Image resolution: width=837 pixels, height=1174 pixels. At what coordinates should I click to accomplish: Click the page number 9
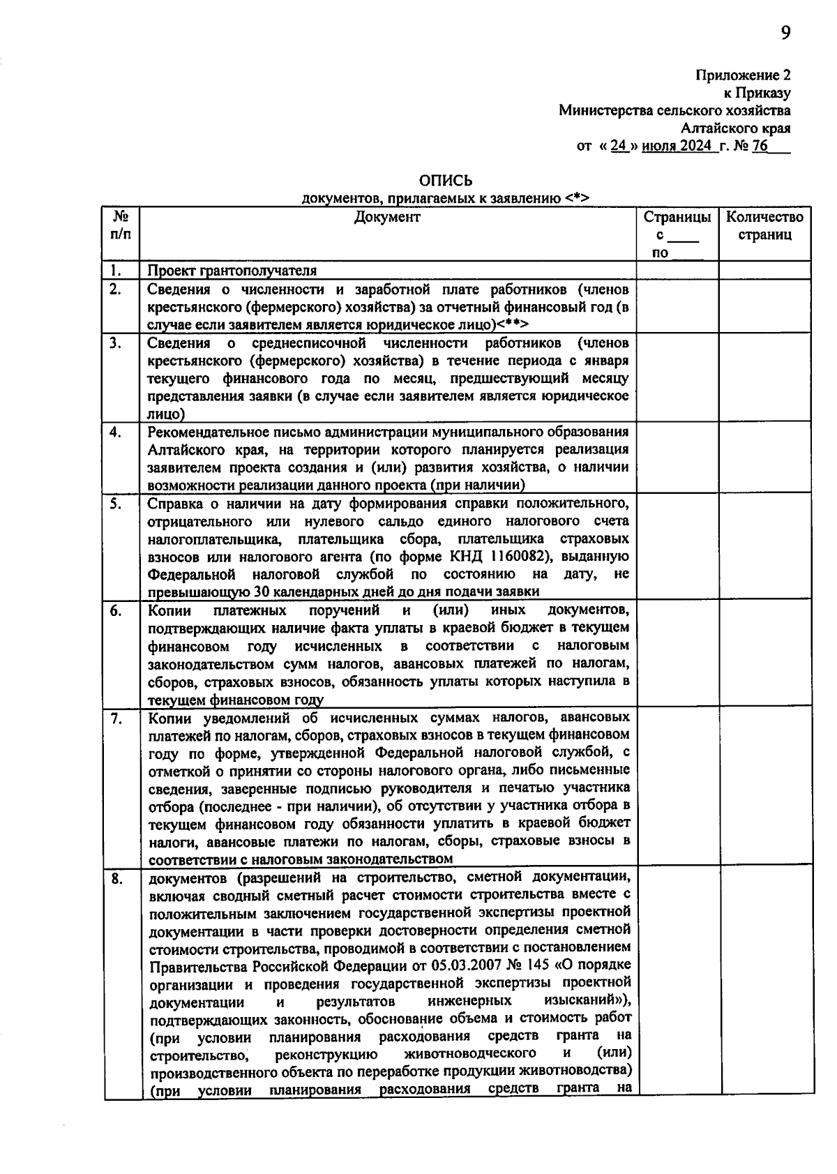(785, 33)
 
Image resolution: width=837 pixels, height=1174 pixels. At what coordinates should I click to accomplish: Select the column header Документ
(387, 217)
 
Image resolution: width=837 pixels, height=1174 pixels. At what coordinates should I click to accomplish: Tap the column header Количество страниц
(764, 226)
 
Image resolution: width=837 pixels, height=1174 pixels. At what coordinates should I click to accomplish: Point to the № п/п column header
(121, 226)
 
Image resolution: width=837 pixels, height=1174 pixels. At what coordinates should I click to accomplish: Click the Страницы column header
(677, 217)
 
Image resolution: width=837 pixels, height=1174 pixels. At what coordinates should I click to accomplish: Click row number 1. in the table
(115, 270)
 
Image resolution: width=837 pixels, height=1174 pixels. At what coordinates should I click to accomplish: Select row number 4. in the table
(115, 432)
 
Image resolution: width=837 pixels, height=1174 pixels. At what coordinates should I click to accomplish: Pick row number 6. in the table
(115, 611)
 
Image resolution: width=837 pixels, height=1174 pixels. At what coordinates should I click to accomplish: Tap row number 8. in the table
(115, 879)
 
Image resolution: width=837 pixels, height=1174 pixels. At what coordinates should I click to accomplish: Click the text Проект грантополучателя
(232, 271)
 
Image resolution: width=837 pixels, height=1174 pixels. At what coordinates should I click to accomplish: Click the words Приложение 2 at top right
(743, 75)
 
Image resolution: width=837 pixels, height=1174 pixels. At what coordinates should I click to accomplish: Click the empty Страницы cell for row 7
(677, 786)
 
